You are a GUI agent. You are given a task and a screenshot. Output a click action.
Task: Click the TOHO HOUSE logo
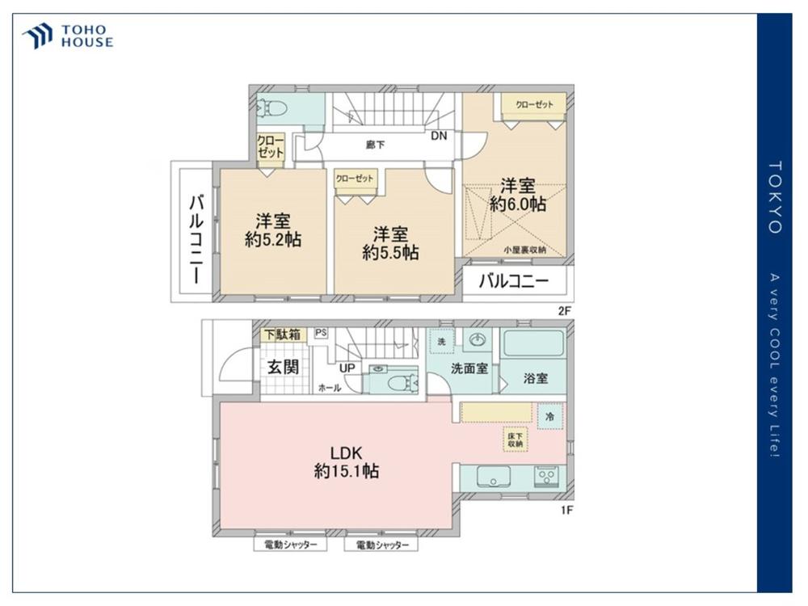click(67, 36)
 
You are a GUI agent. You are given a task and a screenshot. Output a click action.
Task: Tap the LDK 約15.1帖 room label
click(347, 462)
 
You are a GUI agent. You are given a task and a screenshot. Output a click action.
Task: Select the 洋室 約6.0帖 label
click(517, 196)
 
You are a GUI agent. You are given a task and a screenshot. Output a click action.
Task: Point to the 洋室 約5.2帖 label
click(272, 231)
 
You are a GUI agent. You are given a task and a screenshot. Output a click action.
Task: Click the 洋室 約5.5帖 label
click(390, 244)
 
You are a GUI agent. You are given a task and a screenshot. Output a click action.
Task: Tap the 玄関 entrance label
click(283, 367)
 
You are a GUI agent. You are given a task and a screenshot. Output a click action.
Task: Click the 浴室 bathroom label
click(536, 378)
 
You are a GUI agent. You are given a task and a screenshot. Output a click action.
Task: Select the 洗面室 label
click(469, 368)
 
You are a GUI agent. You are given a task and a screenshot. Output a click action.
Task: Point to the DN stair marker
click(439, 136)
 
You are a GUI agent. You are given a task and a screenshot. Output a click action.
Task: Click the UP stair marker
click(347, 368)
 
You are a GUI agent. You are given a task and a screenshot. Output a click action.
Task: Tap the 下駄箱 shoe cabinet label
click(282, 335)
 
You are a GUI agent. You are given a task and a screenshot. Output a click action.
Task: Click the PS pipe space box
click(321, 333)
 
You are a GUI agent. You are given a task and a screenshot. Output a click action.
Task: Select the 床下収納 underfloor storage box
click(516, 439)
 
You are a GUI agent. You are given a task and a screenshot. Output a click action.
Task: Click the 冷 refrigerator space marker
click(549, 416)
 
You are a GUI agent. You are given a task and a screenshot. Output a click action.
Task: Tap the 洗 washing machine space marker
click(442, 341)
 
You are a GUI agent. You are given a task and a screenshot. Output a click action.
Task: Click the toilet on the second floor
click(272, 107)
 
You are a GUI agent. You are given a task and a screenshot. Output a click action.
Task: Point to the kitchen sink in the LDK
click(493, 477)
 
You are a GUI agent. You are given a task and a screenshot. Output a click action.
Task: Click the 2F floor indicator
click(564, 311)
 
